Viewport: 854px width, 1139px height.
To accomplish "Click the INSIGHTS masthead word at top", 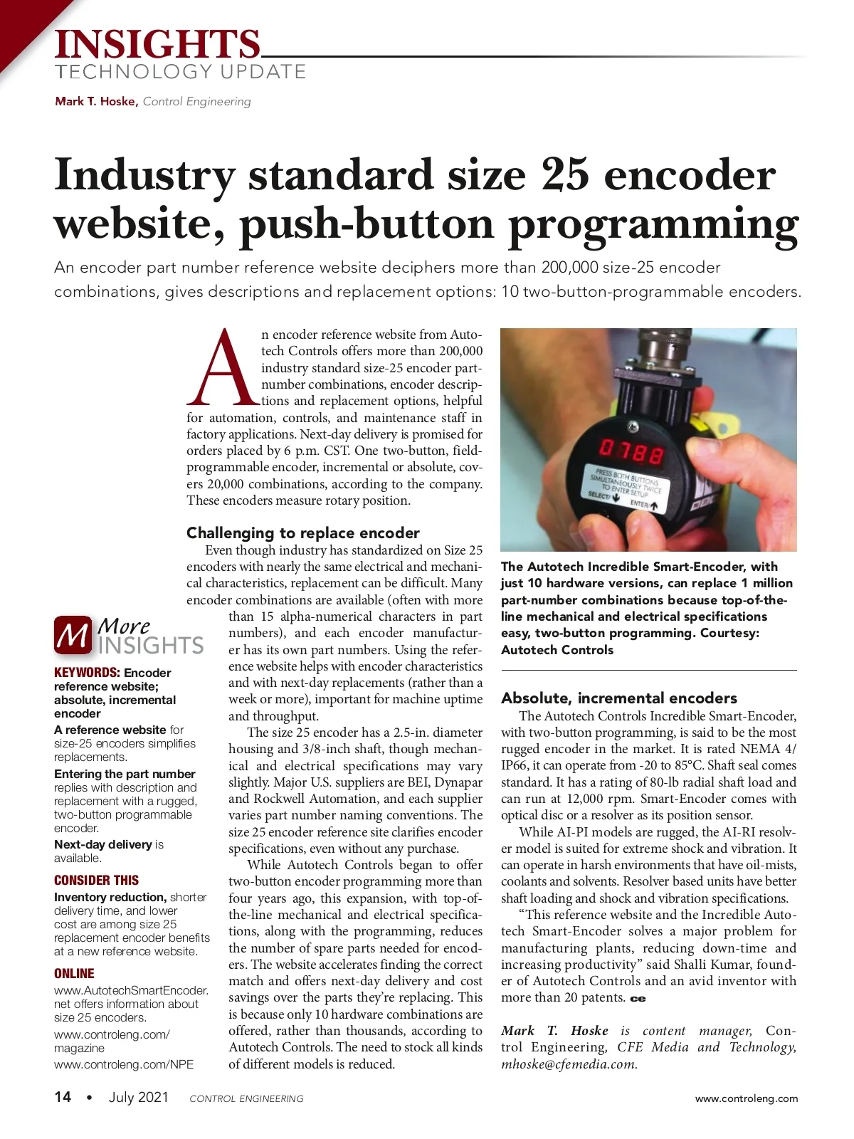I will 157,44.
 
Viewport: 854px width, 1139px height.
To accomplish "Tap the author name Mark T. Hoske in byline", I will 96,101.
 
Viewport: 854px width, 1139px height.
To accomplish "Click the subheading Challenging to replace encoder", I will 302,532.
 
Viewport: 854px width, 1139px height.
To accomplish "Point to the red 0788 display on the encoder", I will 631,451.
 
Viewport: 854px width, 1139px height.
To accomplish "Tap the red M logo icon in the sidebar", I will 73,635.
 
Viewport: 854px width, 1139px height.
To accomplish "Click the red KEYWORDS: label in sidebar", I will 87,673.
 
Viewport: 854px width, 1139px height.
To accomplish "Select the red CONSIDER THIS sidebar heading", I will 96,880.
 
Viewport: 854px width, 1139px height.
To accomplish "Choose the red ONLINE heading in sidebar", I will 74,973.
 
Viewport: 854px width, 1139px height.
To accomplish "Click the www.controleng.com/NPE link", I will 124,1064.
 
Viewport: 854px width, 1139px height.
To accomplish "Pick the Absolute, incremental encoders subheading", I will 619,698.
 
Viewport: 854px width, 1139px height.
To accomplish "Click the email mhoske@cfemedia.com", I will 569,1064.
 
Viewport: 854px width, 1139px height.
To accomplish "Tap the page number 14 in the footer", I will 63,1097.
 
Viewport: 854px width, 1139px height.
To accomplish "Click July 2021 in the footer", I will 138,1097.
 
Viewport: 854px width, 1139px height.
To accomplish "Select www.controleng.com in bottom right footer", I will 747,1098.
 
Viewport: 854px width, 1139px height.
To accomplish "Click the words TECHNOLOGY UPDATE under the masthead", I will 181,72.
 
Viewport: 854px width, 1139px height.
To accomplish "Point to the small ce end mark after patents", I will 638,999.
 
